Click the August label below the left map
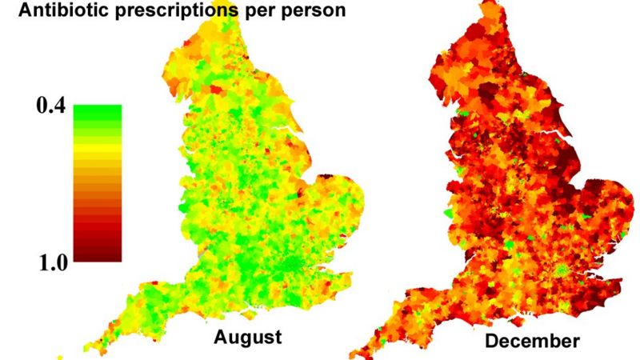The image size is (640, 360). pyautogui.click(x=247, y=337)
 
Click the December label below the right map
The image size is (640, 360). pyautogui.click(x=532, y=342)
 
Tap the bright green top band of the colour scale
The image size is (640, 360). pyautogui.click(x=97, y=110)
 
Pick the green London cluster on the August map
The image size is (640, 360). pyautogui.click(x=298, y=264)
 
